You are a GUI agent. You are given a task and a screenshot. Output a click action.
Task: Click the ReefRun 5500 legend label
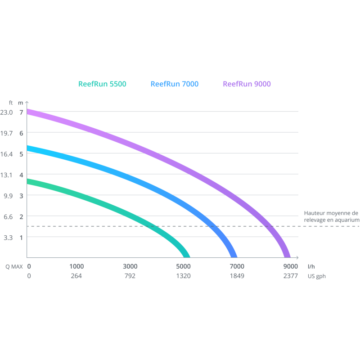102,84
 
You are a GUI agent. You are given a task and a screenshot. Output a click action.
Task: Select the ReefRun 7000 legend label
175,84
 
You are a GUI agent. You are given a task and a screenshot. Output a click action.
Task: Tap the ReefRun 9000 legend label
247,84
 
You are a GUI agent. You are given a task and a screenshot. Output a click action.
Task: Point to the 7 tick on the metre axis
21,112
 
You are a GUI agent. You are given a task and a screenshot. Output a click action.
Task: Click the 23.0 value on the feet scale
6,112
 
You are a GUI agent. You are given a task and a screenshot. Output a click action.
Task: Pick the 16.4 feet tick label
6,154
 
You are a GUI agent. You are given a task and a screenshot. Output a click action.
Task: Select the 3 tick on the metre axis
21,196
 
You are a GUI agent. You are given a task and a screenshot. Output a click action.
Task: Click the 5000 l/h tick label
183,266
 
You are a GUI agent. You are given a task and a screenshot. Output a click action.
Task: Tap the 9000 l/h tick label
290,266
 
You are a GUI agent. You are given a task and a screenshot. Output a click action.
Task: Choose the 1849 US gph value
237,276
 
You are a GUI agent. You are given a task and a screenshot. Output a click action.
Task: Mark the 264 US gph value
76,276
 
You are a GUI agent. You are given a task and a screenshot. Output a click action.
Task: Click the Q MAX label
14,266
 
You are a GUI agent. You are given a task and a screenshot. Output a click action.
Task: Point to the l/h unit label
311,266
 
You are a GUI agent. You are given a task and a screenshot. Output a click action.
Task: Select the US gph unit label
317,276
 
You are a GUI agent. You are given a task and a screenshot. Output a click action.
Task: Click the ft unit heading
11,103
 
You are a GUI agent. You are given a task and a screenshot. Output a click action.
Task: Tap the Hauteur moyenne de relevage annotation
332,216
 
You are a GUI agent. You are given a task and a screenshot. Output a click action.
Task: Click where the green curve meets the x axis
187,257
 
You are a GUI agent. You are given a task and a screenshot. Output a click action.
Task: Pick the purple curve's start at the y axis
27,112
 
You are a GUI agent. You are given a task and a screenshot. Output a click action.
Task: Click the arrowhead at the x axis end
297,257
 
